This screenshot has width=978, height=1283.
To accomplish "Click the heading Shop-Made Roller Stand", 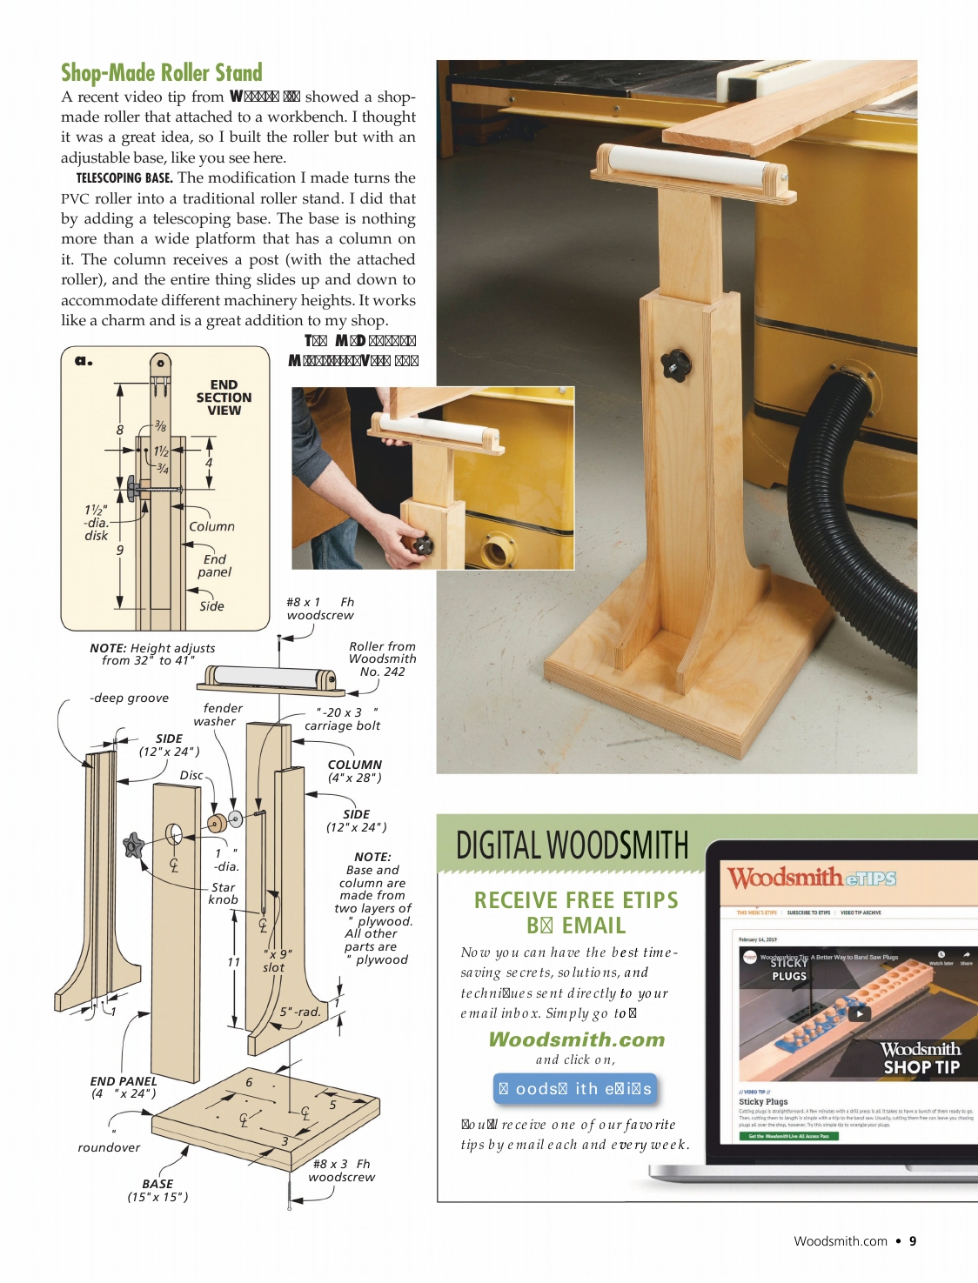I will coord(161,72).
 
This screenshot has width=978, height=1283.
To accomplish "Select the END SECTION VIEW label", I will coord(224,398).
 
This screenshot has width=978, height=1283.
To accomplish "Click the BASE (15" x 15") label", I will coord(157,1190).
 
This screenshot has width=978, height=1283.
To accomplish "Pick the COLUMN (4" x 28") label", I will coord(354,771).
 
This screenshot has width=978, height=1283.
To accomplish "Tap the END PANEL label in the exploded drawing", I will coord(124,1087).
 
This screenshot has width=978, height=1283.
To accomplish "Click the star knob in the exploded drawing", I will coord(133,845).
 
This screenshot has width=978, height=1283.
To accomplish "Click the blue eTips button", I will coord(574,1089).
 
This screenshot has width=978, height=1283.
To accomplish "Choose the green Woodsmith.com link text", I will coord(576,1039).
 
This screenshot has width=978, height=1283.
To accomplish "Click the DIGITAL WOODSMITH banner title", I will coord(572,845).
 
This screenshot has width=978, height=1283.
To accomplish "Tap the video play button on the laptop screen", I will coord(859,1013).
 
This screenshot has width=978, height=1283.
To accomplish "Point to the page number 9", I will coord(913,1241).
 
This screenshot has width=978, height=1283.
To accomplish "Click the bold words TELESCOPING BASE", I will coord(124,178).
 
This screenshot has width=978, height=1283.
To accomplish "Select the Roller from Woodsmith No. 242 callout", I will coord(382,659).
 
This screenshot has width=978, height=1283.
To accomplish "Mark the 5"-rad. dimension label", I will coord(300,1012).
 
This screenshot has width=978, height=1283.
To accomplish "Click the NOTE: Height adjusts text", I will coord(152,654).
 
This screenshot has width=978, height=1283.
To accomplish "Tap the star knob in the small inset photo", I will coord(422,545).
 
